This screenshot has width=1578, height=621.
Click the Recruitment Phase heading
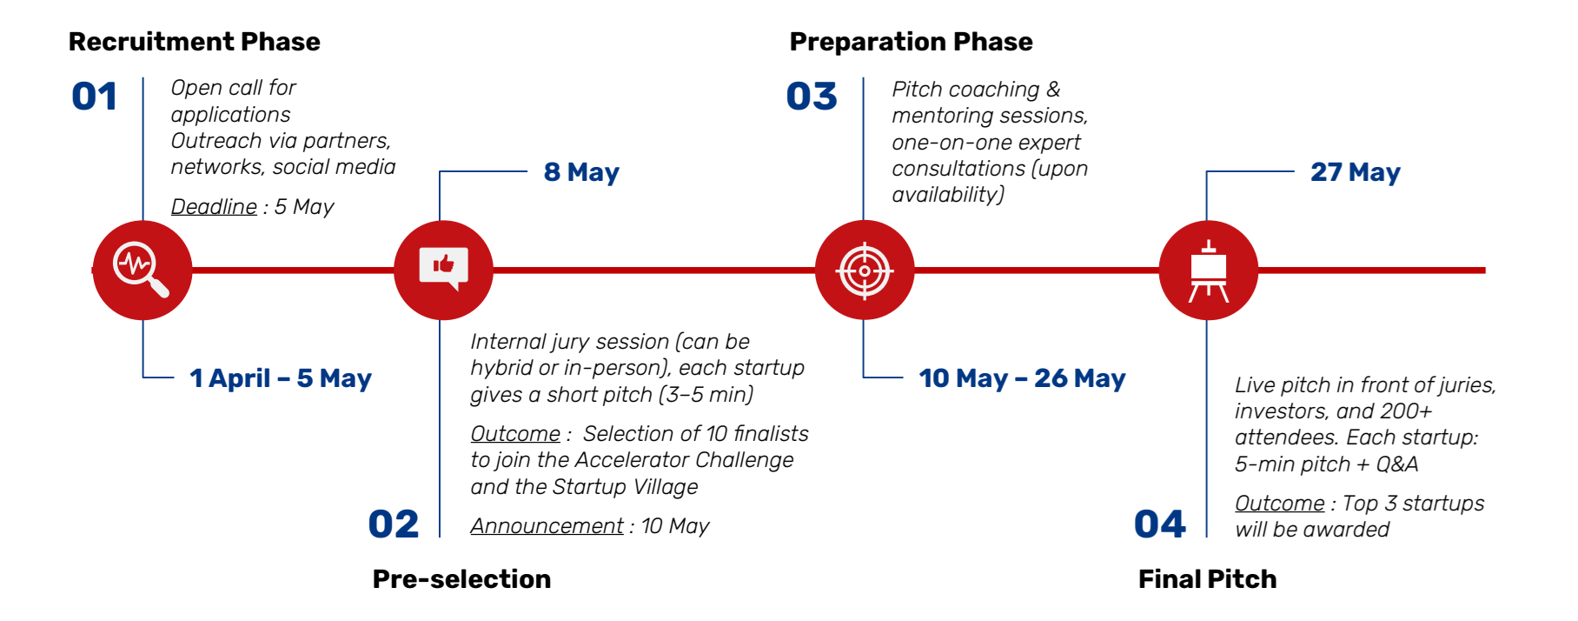point(195,42)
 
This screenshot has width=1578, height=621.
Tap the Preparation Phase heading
point(911,42)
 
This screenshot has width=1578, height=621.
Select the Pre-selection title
point(461,579)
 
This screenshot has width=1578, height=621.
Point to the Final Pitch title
point(1207,579)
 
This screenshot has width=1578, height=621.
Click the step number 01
point(94,97)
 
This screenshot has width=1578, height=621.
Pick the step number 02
point(394,524)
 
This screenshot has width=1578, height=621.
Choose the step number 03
point(812,97)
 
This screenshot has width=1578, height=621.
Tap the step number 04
point(1160,524)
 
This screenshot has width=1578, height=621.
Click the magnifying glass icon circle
point(143,270)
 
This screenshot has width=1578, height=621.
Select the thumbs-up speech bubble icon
point(444,270)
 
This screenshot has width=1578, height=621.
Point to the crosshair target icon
point(865,270)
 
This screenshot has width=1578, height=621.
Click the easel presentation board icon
point(1208,270)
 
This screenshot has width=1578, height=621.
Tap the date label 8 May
point(581,172)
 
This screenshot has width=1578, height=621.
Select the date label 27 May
point(1356,172)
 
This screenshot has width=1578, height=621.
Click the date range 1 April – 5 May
point(281,378)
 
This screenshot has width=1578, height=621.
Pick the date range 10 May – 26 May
point(1022,378)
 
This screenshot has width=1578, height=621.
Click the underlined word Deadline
point(214,207)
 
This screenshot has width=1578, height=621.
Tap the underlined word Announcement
point(547,526)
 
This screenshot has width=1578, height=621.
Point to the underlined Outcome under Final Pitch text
point(1279,504)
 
